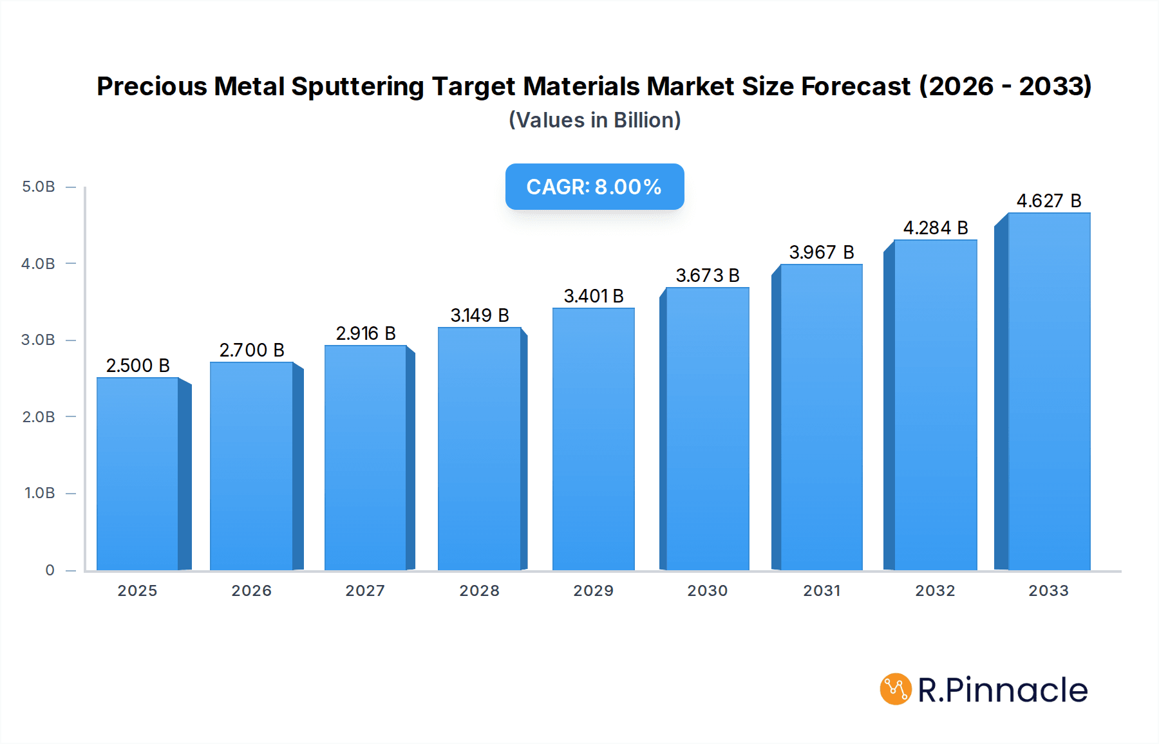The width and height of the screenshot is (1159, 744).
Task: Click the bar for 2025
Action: tap(137, 474)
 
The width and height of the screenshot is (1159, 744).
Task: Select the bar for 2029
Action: tap(593, 439)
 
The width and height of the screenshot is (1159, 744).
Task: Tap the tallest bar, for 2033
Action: tap(1048, 391)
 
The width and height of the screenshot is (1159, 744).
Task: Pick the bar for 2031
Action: tap(821, 417)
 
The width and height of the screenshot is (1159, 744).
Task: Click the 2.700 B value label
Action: tap(252, 350)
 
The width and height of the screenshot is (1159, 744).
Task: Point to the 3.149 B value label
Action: tap(480, 315)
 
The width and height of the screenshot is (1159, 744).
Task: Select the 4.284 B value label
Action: tap(936, 228)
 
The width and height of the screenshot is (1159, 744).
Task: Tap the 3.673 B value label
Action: tap(708, 275)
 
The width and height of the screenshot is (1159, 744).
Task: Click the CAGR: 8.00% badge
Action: tap(594, 187)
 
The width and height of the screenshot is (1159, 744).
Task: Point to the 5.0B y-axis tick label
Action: tap(38, 187)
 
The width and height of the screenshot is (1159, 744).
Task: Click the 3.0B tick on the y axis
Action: tap(38, 340)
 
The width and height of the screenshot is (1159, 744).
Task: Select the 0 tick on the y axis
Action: tap(50, 570)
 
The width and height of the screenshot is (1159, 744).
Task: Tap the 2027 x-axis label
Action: tap(365, 591)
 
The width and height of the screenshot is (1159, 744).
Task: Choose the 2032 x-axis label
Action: tap(935, 591)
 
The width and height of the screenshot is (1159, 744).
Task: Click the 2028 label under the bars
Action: tap(479, 591)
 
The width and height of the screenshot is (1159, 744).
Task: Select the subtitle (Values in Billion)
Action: tap(594, 120)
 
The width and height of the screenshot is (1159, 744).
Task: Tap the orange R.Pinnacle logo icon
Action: tap(896, 689)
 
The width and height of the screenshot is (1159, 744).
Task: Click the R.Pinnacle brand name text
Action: tap(1003, 690)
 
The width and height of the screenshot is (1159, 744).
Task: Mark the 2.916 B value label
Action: tap(366, 333)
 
